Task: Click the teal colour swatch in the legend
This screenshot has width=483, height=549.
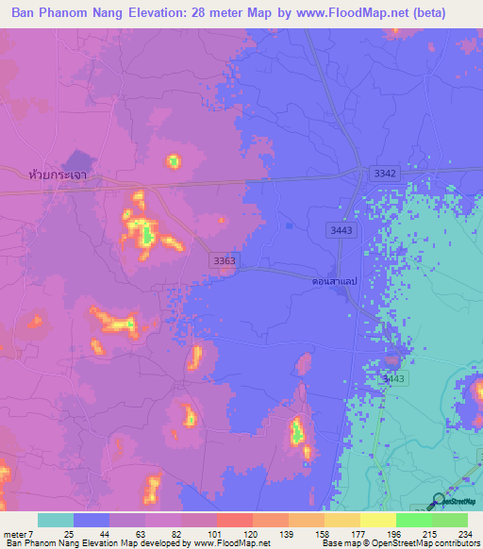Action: (56, 520)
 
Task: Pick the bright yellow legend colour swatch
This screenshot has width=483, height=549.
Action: (377, 520)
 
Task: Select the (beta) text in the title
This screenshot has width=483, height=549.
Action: (449, 12)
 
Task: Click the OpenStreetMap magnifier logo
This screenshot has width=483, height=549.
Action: (439, 502)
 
